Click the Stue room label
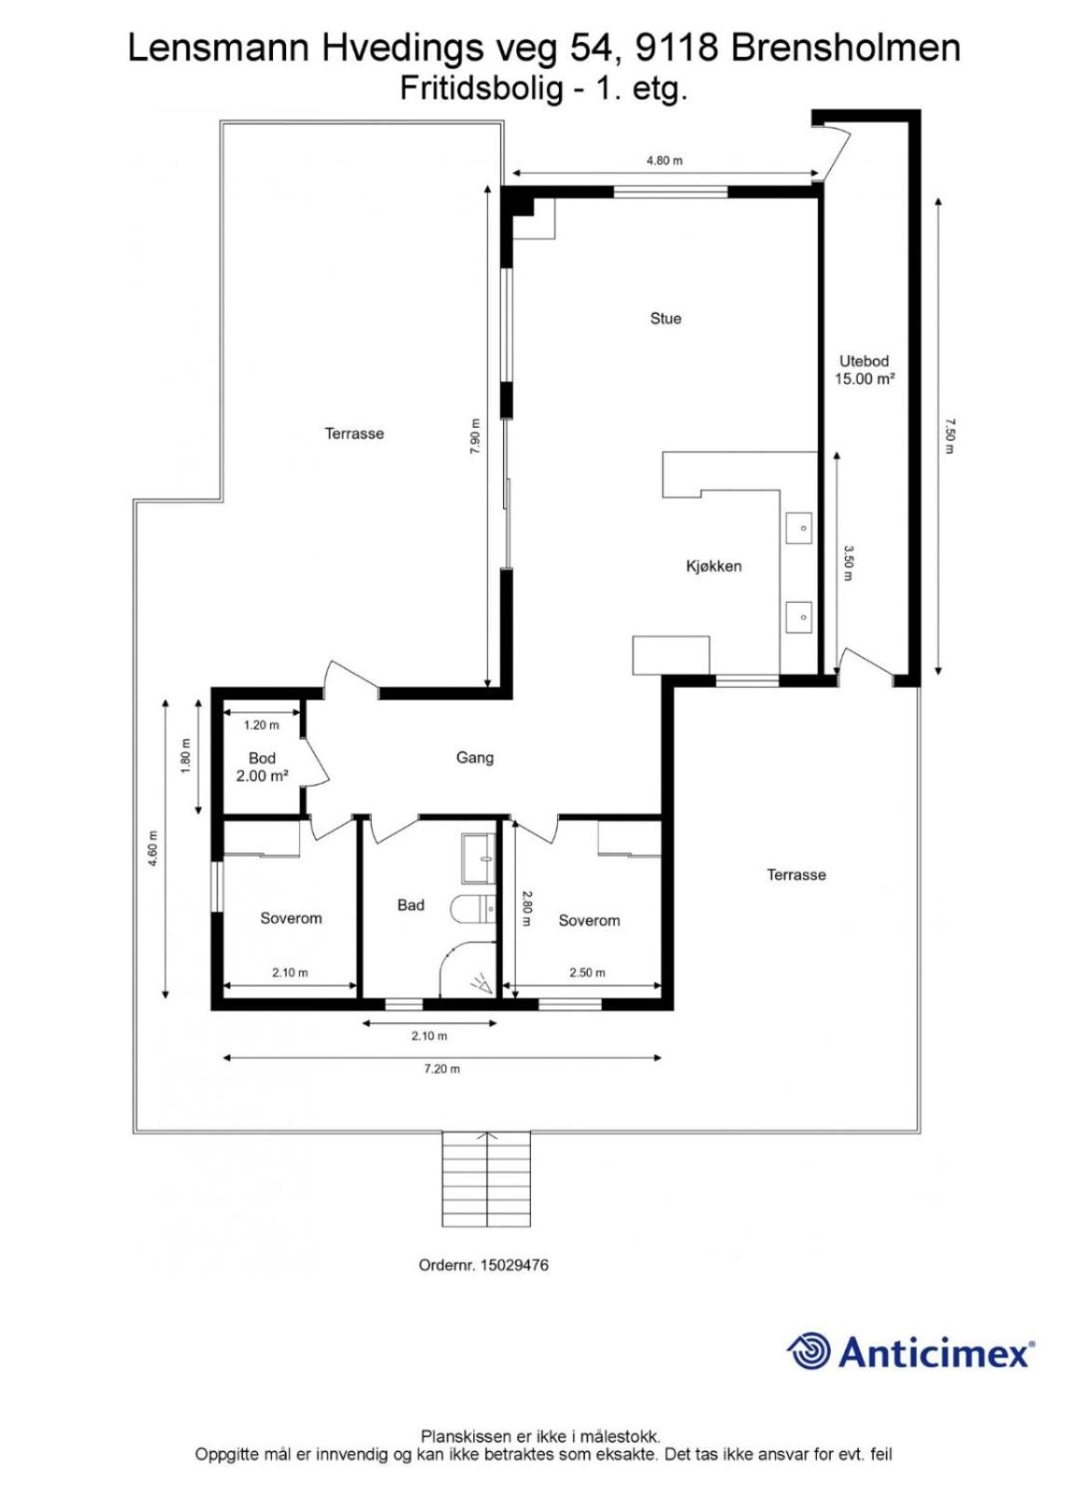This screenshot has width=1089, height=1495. [x=665, y=319]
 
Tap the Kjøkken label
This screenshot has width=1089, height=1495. [x=714, y=567]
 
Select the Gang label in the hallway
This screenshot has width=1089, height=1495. [x=475, y=758]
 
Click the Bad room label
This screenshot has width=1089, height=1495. [x=411, y=905]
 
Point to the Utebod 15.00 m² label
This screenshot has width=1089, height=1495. [x=864, y=370]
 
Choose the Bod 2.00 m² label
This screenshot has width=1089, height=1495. [x=262, y=767]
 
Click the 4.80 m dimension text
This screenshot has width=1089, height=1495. [x=665, y=161]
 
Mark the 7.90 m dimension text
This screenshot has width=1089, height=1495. [x=475, y=436]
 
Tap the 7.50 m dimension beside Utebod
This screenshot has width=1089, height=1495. [x=949, y=436]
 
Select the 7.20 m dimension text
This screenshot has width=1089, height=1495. [x=442, y=1068]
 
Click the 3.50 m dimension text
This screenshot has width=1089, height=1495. [x=849, y=563]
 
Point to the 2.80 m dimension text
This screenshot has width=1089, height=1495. [x=526, y=908]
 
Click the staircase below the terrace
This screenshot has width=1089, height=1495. [x=487, y=1188]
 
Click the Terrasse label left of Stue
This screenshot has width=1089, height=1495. [x=355, y=433]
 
